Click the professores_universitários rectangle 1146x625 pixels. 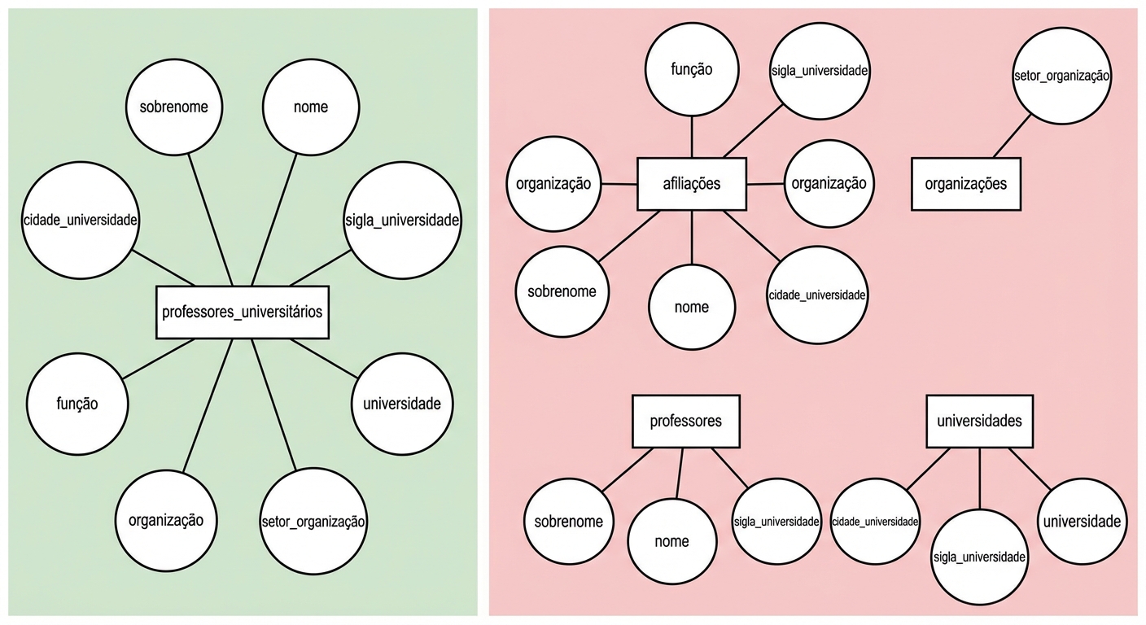(243, 312)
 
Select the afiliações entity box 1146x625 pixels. (692, 184)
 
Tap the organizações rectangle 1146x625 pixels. (965, 184)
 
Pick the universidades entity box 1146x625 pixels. (979, 422)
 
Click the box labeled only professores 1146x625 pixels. (686, 422)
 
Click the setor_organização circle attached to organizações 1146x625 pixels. (1062, 76)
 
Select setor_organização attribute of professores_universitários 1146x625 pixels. (313, 521)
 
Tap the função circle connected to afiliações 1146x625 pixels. (692, 70)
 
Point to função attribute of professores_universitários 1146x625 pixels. (77, 404)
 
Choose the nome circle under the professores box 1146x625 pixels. (671, 541)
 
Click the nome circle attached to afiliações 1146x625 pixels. (692, 307)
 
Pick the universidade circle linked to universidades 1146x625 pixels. (1082, 522)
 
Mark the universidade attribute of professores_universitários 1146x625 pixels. (402, 404)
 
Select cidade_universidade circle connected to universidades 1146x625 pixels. (875, 522)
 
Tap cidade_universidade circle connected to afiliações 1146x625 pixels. (817, 295)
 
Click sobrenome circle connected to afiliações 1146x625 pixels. (562, 292)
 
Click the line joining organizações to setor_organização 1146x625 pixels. (1011, 137)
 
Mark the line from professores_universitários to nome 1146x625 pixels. (273, 221)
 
